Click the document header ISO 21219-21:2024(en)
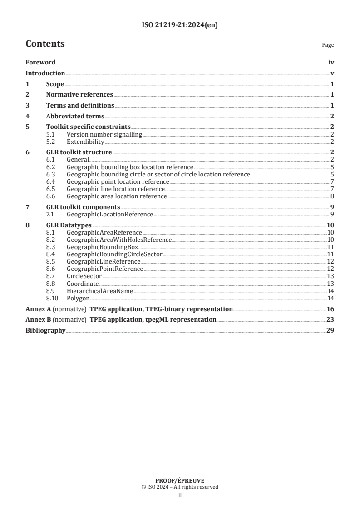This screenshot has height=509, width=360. [x=180, y=25]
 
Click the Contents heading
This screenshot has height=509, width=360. [x=45, y=44]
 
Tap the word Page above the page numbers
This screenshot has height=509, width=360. [x=328, y=45]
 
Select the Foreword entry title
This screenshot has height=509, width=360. [x=40, y=63]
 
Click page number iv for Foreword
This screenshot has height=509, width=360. [x=331, y=63]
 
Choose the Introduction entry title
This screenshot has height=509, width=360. [x=45, y=73]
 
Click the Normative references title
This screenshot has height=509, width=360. [x=79, y=95]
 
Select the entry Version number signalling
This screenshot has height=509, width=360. [x=104, y=134]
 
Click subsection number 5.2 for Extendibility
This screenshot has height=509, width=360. [x=52, y=142]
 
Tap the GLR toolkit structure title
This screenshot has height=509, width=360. [x=79, y=152]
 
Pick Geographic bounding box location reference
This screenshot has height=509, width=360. [x=130, y=167]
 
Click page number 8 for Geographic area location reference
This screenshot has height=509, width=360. [x=332, y=196]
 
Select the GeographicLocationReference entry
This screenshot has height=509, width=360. [x=110, y=214]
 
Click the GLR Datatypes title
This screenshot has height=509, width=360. [x=69, y=225]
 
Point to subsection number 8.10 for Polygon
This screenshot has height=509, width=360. [x=54, y=298]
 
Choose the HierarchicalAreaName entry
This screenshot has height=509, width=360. [x=100, y=291]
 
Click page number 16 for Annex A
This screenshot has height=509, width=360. [x=330, y=309]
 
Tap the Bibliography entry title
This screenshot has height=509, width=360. [x=45, y=330]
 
